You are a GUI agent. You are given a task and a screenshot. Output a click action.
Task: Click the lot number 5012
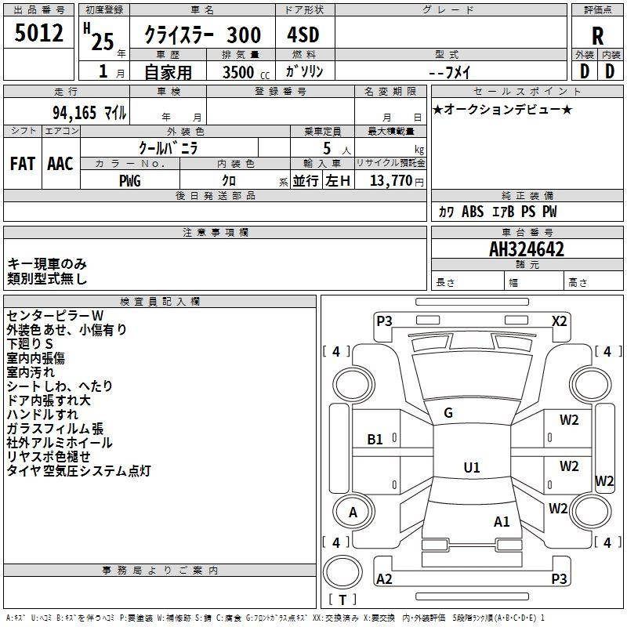tap(38, 33)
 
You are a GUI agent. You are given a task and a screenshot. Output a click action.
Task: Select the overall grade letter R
tap(597, 36)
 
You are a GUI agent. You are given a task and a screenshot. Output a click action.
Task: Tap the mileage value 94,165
tap(74, 113)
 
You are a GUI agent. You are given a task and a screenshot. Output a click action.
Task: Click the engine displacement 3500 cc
tap(245, 72)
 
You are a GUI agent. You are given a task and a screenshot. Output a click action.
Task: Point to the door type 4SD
tap(303, 34)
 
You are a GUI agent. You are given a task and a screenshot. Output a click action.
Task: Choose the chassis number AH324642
tap(527, 249)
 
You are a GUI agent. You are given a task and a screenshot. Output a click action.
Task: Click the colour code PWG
tap(130, 181)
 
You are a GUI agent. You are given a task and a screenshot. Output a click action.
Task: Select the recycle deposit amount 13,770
tap(390, 180)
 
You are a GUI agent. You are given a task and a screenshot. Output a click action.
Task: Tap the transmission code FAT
tap(23, 164)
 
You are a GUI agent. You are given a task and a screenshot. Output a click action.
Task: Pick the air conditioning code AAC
tap(60, 164)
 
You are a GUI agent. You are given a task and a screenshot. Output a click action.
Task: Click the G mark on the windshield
tap(448, 413)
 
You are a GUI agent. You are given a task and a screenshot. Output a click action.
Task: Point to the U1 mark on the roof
tap(472, 467)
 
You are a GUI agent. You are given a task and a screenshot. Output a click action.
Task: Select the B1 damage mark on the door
tap(375, 440)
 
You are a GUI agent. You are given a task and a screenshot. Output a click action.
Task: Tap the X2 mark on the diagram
tap(560, 321)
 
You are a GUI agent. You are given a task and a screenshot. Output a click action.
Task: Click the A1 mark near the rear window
tap(502, 522)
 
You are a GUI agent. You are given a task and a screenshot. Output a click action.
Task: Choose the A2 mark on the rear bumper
tap(384, 578)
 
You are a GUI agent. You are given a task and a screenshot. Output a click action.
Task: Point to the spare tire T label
tap(342, 600)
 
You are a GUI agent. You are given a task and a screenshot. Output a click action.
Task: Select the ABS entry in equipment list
tap(473, 212)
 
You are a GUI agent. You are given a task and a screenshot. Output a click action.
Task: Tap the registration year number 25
tap(103, 42)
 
